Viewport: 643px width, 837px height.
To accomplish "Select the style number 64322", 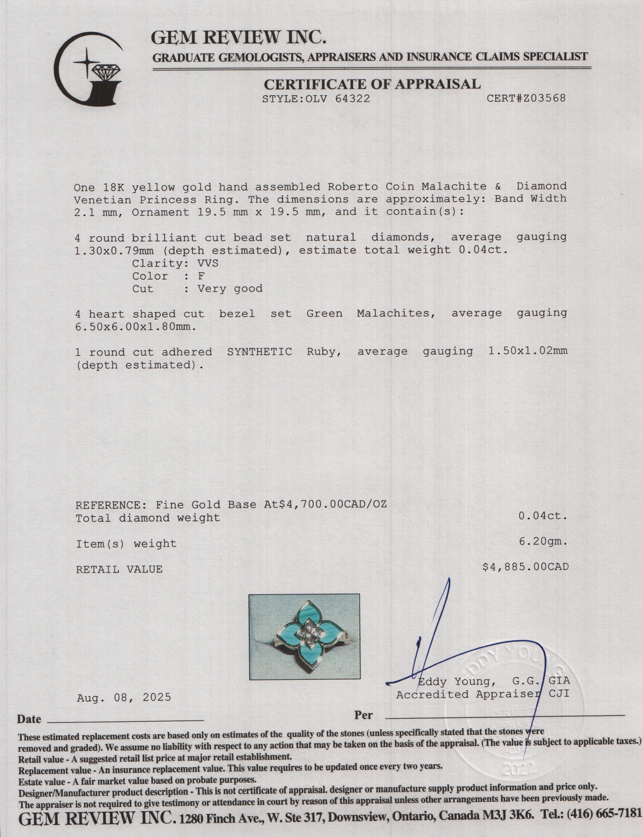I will coord(352,99).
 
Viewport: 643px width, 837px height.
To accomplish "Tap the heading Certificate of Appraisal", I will coord(372,84).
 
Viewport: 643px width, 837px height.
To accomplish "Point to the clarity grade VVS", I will coord(208,263).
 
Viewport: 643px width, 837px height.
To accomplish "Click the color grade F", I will coord(201,276).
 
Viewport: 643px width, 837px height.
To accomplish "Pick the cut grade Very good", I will coord(230,289).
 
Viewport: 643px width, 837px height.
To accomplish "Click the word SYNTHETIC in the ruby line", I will coord(259,352).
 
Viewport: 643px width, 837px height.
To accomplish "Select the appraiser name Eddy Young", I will coord(454,682).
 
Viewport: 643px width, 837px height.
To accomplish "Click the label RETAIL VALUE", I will coord(119,569).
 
